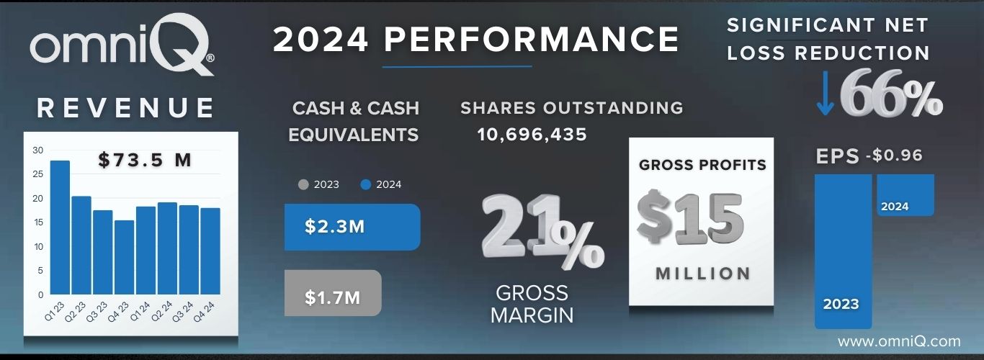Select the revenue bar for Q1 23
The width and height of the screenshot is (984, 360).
tap(61, 228)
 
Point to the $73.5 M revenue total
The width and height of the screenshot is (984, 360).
tap(145, 160)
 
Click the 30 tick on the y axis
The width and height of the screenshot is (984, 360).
tap(37, 150)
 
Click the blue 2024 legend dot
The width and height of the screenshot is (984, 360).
tap(365, 184)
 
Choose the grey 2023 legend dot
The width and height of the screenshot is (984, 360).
tap(303, 184)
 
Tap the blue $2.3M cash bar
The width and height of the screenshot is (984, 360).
tap(352, 227)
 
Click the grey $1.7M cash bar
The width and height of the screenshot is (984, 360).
tap(332, 293)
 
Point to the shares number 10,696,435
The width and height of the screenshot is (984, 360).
tap(532, 135)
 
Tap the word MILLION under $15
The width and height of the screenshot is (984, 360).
tap(703, 274)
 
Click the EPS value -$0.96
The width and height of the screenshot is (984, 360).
tap(896, 156)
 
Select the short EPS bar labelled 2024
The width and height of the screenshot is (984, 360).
tap(905, 194)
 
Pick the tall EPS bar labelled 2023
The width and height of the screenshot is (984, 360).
tap(842, 251)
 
